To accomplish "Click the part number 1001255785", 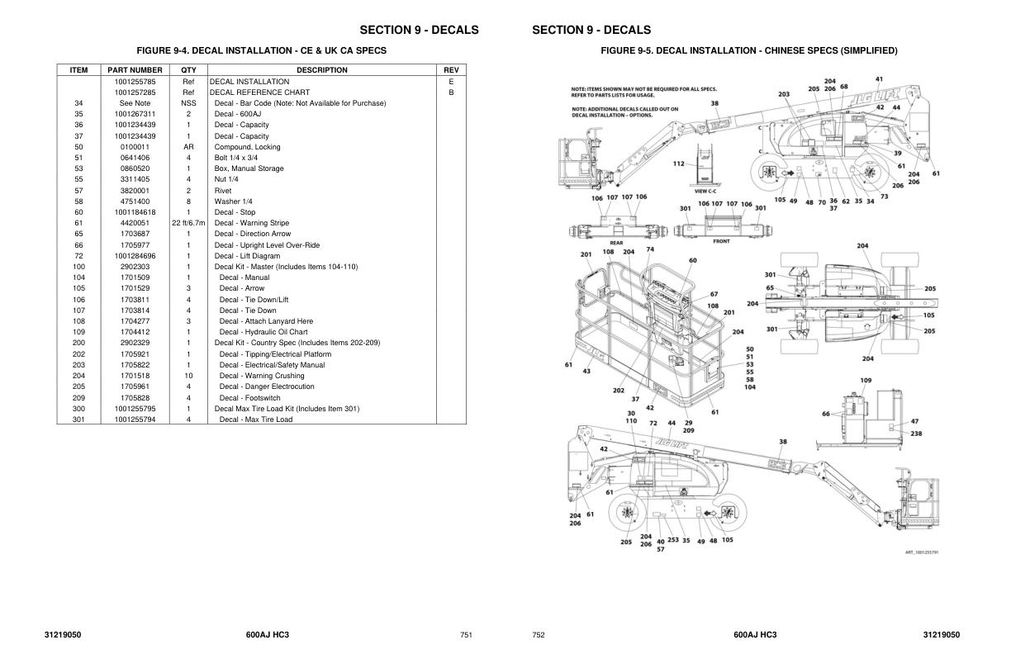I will point(135,82).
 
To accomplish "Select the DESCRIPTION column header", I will point(321,70).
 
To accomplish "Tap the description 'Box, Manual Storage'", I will point(249,168).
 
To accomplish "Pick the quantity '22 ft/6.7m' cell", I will point(188,223).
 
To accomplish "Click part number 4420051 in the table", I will point(135,223).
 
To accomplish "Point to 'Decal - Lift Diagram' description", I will point(247,256).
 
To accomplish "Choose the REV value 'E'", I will point(451,82).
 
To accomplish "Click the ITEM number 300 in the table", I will point(78,409).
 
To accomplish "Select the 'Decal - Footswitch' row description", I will point(249,397).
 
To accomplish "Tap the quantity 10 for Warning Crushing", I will point(188,376).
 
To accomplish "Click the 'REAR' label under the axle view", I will point(616,243).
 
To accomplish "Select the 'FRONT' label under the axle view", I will point(720,241).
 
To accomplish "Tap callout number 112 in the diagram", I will point(678,163).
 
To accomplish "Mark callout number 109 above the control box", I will point(866,381).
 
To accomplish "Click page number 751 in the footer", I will point(466,635).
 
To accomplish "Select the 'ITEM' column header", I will point(78,70).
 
